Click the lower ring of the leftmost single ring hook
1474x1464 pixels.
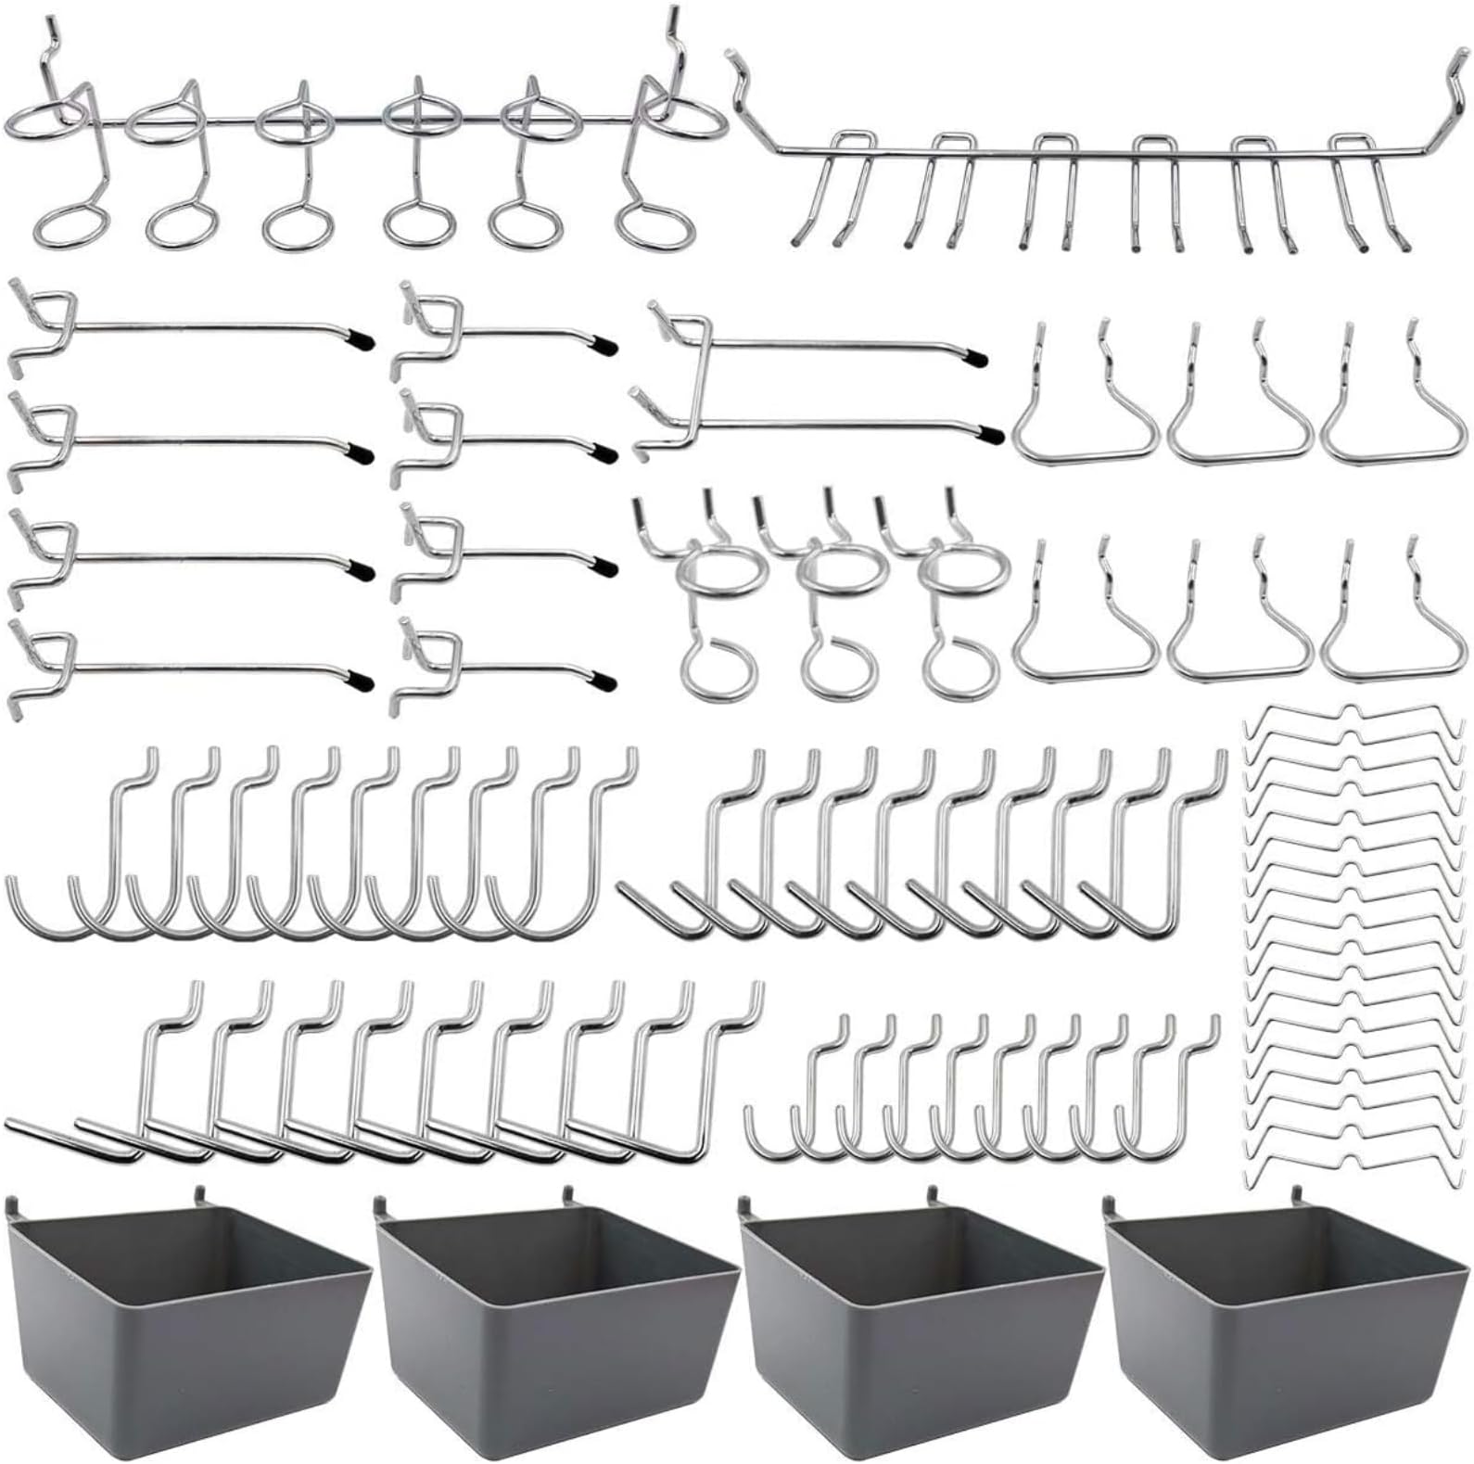(x=718, y=669)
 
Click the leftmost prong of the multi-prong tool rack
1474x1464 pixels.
(x=800, y=241)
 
